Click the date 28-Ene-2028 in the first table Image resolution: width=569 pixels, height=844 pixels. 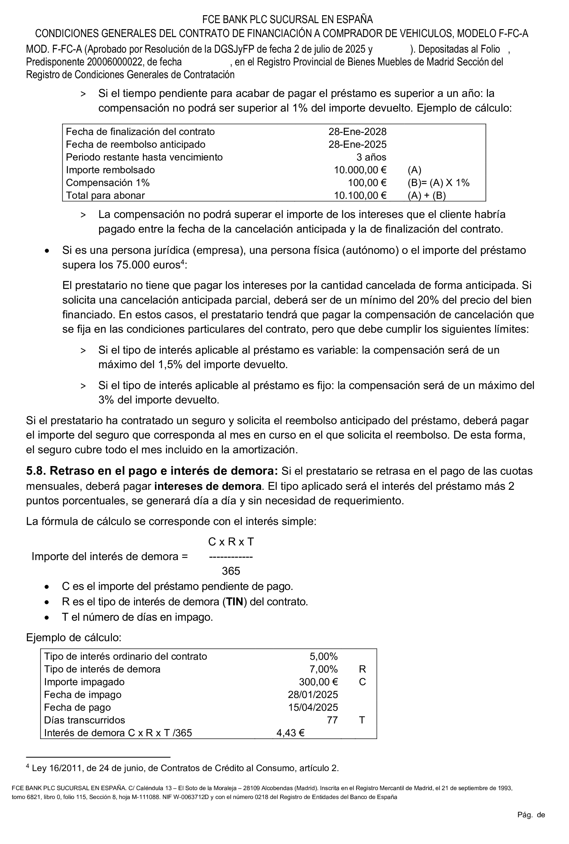coord(357,132)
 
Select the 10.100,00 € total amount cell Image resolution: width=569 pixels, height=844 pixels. coord(360,196)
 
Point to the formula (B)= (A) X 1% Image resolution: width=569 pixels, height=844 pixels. coord(438,183)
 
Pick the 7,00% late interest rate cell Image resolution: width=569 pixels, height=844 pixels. coord(323,669)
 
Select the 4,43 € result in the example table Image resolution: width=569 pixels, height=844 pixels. coord(290,733)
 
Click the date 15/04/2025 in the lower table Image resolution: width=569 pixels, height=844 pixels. coord(313,707)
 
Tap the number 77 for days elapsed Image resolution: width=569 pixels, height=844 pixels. coord(332,720)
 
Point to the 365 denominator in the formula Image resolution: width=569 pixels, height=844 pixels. coord(231,571)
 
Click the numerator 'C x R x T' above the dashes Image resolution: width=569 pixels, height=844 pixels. coord(231,542)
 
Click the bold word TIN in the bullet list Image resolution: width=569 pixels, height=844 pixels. coord(234,602)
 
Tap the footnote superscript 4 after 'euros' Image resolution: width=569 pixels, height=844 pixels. coord(183,262)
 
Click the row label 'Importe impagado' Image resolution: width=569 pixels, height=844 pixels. coord(84,682)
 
